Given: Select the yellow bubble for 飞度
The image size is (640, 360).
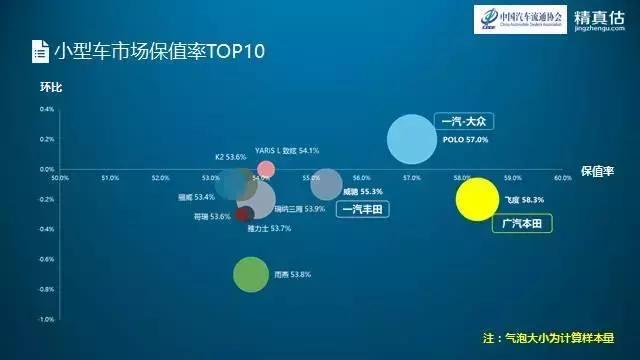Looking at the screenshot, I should (x=477, y=198).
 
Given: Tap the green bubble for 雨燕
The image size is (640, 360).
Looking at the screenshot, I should (x=252, y=274).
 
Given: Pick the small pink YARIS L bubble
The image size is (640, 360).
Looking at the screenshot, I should (x=266, y=168).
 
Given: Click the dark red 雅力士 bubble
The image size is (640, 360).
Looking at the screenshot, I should (x=245, y=213).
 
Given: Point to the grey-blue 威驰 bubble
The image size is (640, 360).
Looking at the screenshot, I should (x=326, y=184).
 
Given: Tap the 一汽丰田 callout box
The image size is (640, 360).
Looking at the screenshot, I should (x=364, y=209).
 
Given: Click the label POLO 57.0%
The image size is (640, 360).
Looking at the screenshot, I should (x=465, y=141).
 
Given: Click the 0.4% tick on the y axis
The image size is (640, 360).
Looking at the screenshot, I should (x=47, y=108).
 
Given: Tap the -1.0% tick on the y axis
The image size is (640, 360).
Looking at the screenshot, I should (x=45, y=319).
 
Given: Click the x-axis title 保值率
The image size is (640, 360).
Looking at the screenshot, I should (x=596, y=171).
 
